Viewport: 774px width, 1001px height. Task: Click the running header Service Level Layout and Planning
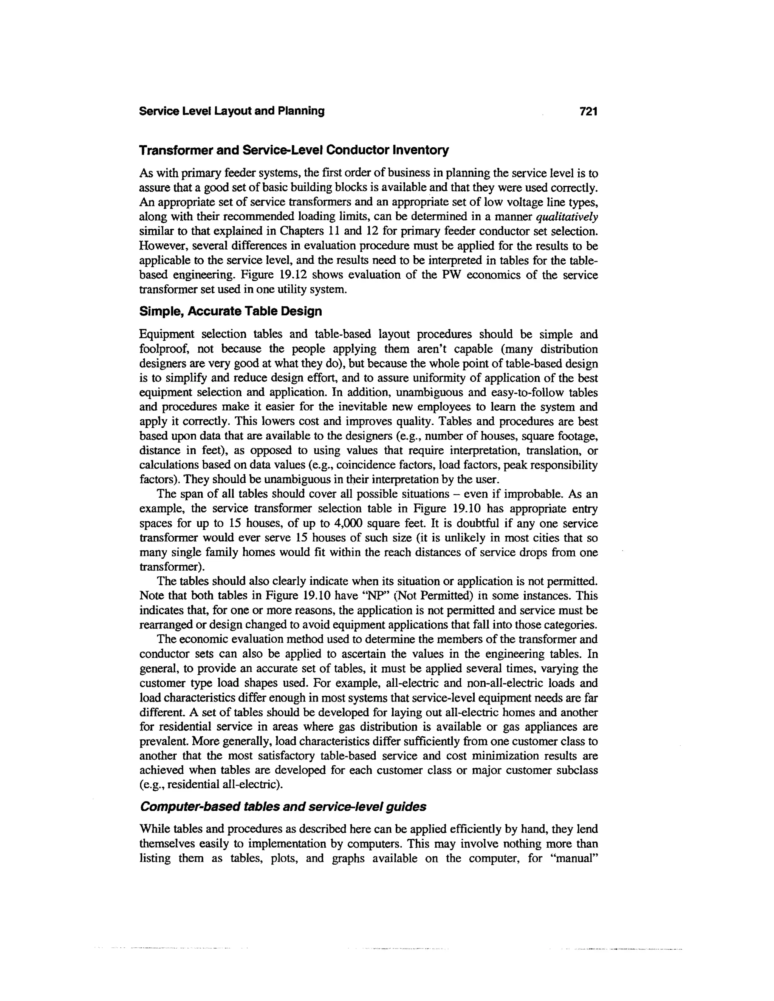[232, 111]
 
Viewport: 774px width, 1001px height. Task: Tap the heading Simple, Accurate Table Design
[230, 312]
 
